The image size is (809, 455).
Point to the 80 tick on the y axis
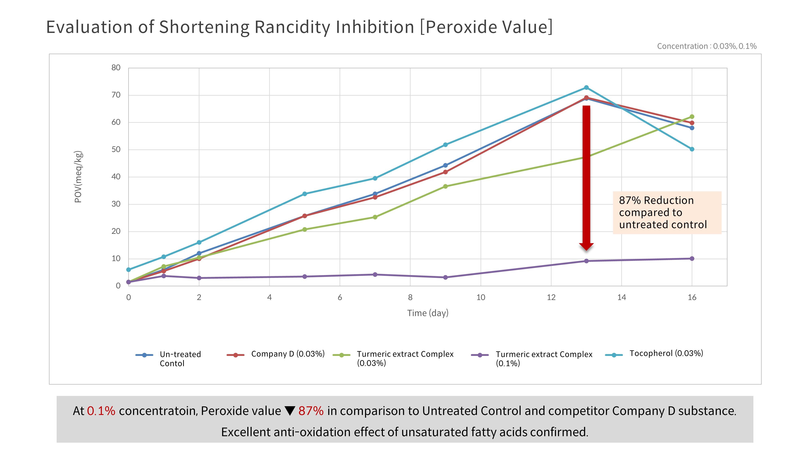pyautogui.click(x=116, y=68)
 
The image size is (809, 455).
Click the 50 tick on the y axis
pyautogui.click(x=116, y=149)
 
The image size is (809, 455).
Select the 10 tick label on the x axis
pyautogui.click(x=481, y=297)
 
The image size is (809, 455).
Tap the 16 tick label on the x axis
pyautogui.click(x=692, y=297)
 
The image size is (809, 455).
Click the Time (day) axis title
pyautogui.click(x=428, y=313)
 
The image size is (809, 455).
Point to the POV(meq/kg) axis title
pyautogui.click(x=78, y=177)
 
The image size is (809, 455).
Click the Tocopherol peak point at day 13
pyautogui.click(x=586, y=88)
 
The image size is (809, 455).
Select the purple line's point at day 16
pyautogui.click(x=692, y=258)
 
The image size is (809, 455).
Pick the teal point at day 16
pyautogui.click(x=692, y=149)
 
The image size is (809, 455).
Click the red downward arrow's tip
pyautogui.click(x=586, y=250)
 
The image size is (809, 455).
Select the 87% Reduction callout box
pyautogui.click(x=667, y=213)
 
